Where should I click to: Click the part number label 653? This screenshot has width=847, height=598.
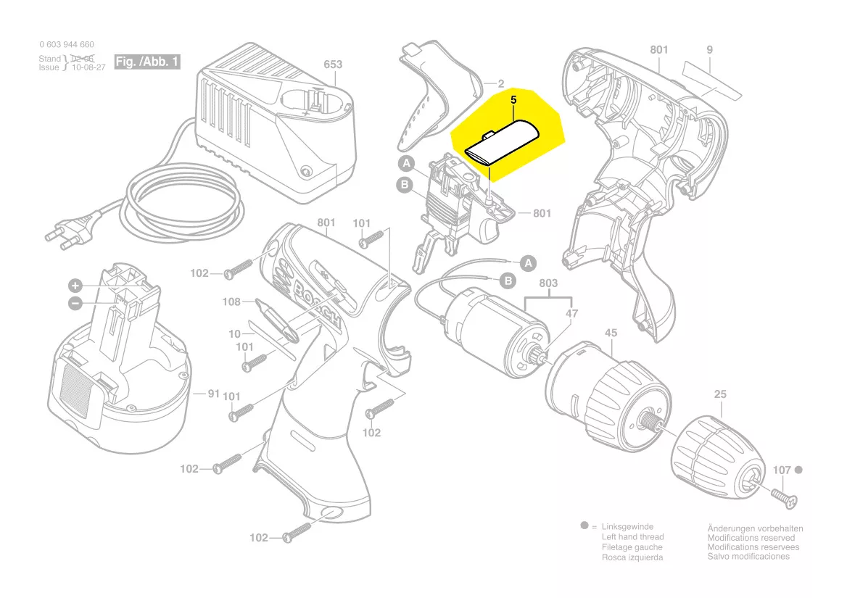pos(333,65)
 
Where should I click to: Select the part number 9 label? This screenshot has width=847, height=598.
pos(709,50)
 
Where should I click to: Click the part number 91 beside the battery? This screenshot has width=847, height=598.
pos(213,394)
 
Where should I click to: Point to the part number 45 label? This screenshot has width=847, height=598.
pos(611,333)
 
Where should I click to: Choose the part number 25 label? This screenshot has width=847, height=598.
pos(720,395)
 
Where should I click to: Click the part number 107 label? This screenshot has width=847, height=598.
pos(781,470)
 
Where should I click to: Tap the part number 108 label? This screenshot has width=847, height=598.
pos(231,302)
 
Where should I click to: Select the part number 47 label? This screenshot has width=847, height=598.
pos(572,313)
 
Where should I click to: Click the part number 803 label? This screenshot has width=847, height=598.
pos(548,284)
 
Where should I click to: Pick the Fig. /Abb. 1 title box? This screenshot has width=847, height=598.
pos(147,62)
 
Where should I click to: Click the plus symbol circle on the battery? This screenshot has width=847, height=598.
pos(75,285)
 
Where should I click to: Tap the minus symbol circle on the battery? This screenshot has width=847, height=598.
pos(75,303)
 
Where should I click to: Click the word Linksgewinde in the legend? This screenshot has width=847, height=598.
pos(627,527)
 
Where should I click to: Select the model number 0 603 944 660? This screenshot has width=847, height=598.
pos(66,45)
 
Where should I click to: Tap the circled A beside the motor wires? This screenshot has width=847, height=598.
pos(529,262)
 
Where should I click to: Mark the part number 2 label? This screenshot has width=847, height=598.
pos(500,83)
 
